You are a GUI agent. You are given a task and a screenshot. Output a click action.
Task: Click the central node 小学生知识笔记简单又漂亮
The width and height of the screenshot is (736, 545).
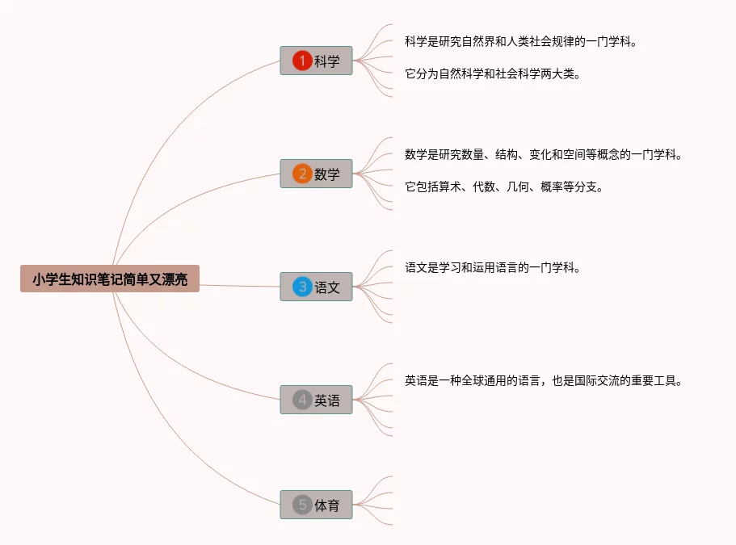click(110, 279)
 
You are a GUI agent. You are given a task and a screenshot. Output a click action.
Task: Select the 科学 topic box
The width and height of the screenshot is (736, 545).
click(317, 61)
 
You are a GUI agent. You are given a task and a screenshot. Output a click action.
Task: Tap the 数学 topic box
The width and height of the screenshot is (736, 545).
click(317, 174)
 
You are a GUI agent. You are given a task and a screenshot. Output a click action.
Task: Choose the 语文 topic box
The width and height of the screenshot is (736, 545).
click(317, 287)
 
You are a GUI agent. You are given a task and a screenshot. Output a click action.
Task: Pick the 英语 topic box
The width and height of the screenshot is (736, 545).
click(317, 400)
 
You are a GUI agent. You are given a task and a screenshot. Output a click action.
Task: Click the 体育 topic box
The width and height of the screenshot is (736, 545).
click(317, 505)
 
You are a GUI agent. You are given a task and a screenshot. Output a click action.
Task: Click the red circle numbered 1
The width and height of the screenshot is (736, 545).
click(302, 61)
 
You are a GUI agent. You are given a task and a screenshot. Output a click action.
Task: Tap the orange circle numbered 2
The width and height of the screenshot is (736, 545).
click(302, 174)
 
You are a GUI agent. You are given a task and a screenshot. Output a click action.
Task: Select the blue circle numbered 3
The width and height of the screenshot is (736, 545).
click(302, 287)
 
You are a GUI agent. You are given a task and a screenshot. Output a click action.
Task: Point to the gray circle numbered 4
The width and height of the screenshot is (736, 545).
click(302, 400)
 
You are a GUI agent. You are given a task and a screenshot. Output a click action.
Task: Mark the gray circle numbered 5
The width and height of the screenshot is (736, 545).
click(302, 505)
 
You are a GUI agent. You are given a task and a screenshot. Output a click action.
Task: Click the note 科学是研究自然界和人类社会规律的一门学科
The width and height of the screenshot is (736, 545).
click(520, 41)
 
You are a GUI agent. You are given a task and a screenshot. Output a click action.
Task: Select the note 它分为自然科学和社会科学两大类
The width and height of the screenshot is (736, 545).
click(493, 73)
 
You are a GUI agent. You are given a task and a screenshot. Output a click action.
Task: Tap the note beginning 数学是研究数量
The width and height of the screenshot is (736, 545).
click(543, 154)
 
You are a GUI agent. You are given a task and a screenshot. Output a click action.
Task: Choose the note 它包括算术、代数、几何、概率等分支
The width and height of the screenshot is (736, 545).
click(504, 187)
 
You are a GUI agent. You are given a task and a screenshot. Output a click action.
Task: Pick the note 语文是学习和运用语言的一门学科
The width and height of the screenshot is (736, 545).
click(493, 267)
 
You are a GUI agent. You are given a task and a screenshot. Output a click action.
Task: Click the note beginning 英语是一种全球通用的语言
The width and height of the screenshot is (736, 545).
click(543, 380)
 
